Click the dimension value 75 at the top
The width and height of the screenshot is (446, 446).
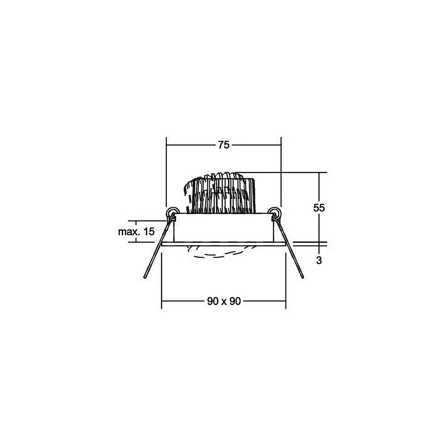223,145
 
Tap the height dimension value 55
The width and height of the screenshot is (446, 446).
319,208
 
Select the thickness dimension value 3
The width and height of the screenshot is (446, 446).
319,260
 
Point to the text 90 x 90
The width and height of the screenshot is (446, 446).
224,301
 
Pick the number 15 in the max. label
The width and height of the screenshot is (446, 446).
149,231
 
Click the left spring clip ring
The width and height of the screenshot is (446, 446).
172,212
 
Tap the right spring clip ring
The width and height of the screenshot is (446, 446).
275,212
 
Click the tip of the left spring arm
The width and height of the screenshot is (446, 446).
145,277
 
